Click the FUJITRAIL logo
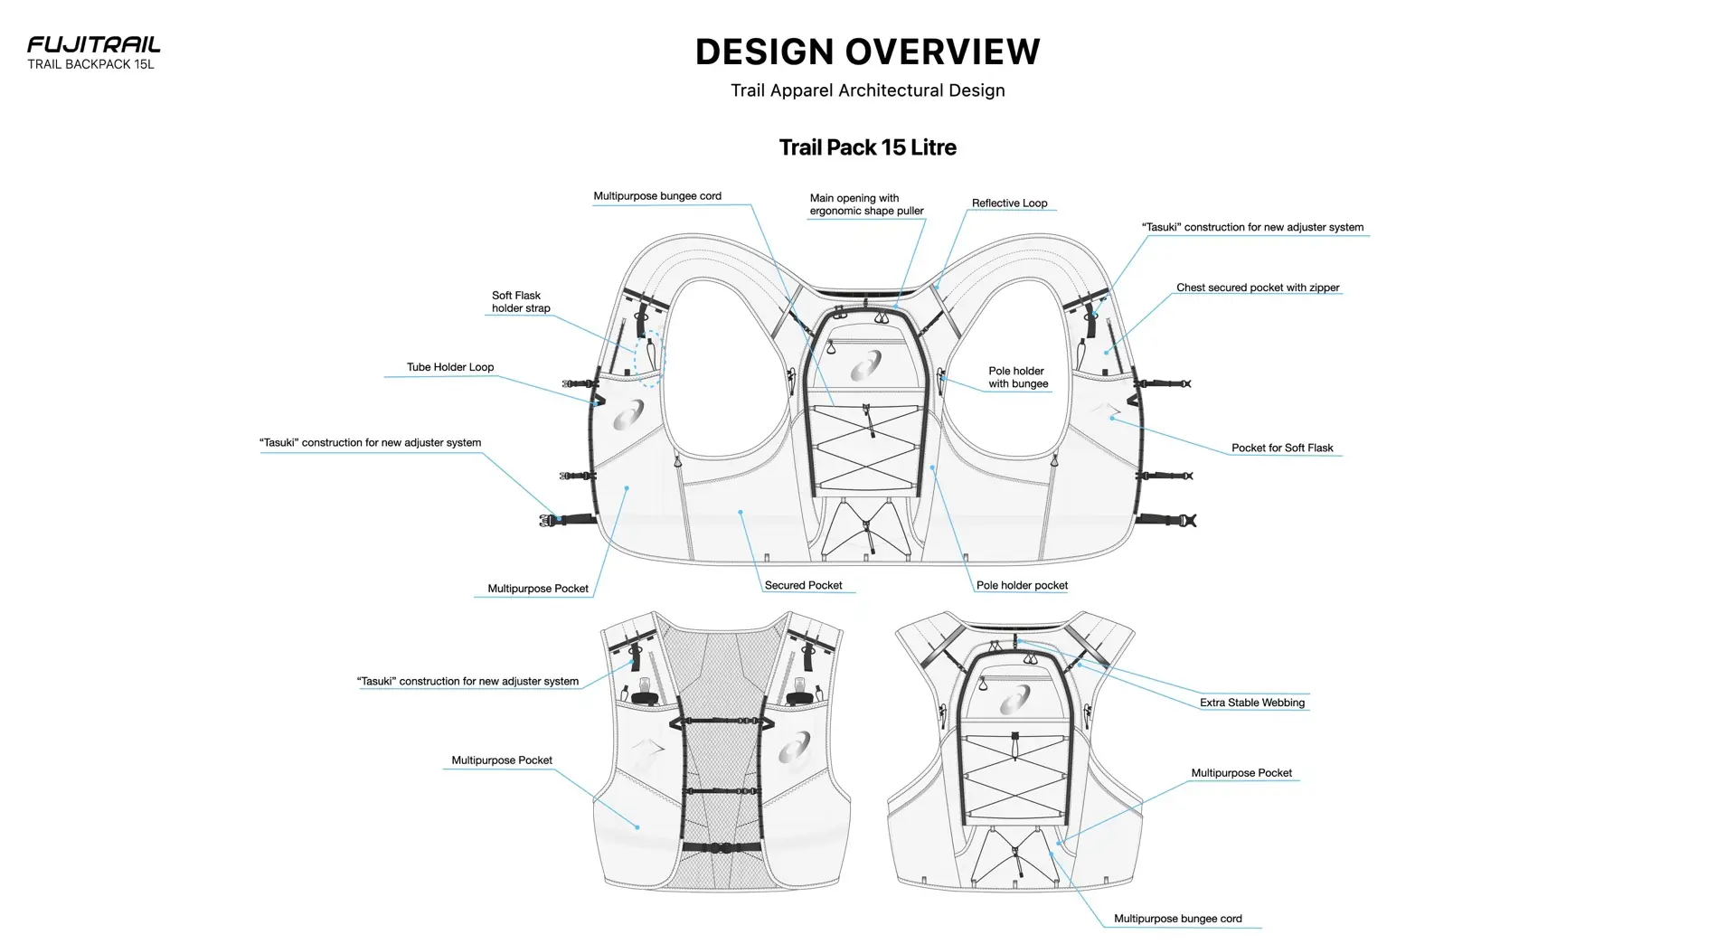pyautogui.click(x=93, y=44)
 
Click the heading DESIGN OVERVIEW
pyautogui.click(x=867, y=52)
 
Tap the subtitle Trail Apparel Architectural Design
pyautogui.click(x=867, y=90)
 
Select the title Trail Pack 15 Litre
pyautogui.click(x=867, y=147)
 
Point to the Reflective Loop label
pyautogui.click(x=1009, y=203)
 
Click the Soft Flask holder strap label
pyautogui.click(x=521, y=302)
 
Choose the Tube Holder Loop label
pyautogui.click(x=449, y=367)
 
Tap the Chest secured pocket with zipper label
pyautogui.click(x=1257, y=288)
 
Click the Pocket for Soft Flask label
pyautogui.click(x=1281, y=448)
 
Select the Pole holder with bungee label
pyautogui.click(x=1017, y=377)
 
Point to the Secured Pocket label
pyautogui.click(x=803, y=585)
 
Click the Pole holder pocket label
pyautogui.click(x=1022, y=585)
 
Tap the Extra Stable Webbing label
pyautogui.click(x=1251, y=703)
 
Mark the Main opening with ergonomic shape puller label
pyautogui.click(x=866, y=204)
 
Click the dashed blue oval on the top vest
pyautogui.click(x=649, y=358)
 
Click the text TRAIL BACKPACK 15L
pyautogui.click(x=90, y=64)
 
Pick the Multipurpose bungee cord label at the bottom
pyautogui.click(x=1177, y=919)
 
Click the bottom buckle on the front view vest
pyautogui.click(x=721, y=847)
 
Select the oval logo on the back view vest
pyautogui.click(x=1014, y=700)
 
